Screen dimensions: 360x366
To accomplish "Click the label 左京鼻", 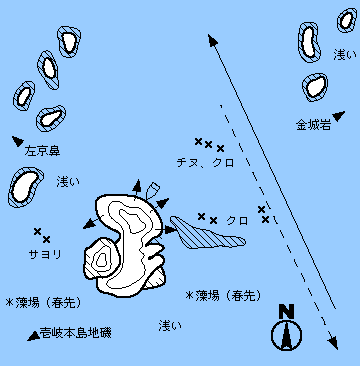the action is [42, 151].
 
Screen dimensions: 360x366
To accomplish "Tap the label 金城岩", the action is [314, 125].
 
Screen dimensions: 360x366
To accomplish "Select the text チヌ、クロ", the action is [205, 163].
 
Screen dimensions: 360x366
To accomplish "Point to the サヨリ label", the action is [45, 255].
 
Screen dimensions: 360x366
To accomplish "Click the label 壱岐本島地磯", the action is [75, 332].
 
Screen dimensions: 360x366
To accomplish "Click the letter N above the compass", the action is [286, 312].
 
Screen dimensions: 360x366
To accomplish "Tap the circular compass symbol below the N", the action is [286, 335].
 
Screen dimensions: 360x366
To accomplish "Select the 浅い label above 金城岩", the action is [345, 55].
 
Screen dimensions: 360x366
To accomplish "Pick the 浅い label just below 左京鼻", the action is [68, 182].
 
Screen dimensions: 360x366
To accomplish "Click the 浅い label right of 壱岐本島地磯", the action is [170, 325].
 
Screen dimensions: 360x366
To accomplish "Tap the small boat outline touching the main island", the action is [152, 191].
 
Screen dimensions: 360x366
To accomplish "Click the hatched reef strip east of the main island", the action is [207, 233].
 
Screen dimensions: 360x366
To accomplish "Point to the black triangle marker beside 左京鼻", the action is [18, 141].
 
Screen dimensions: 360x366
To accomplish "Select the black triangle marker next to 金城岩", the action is [338, 116].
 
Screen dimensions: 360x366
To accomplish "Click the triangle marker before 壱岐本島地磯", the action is [33, 336].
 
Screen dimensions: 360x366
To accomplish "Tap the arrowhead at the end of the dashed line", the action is [333, 343].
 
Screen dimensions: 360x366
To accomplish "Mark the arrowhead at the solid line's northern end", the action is [212, 40].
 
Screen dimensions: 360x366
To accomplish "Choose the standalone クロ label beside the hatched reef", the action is [237, 220].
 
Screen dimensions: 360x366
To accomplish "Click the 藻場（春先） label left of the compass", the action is [223, 295].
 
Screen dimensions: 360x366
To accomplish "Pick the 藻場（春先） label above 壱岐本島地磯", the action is [44, 303].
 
